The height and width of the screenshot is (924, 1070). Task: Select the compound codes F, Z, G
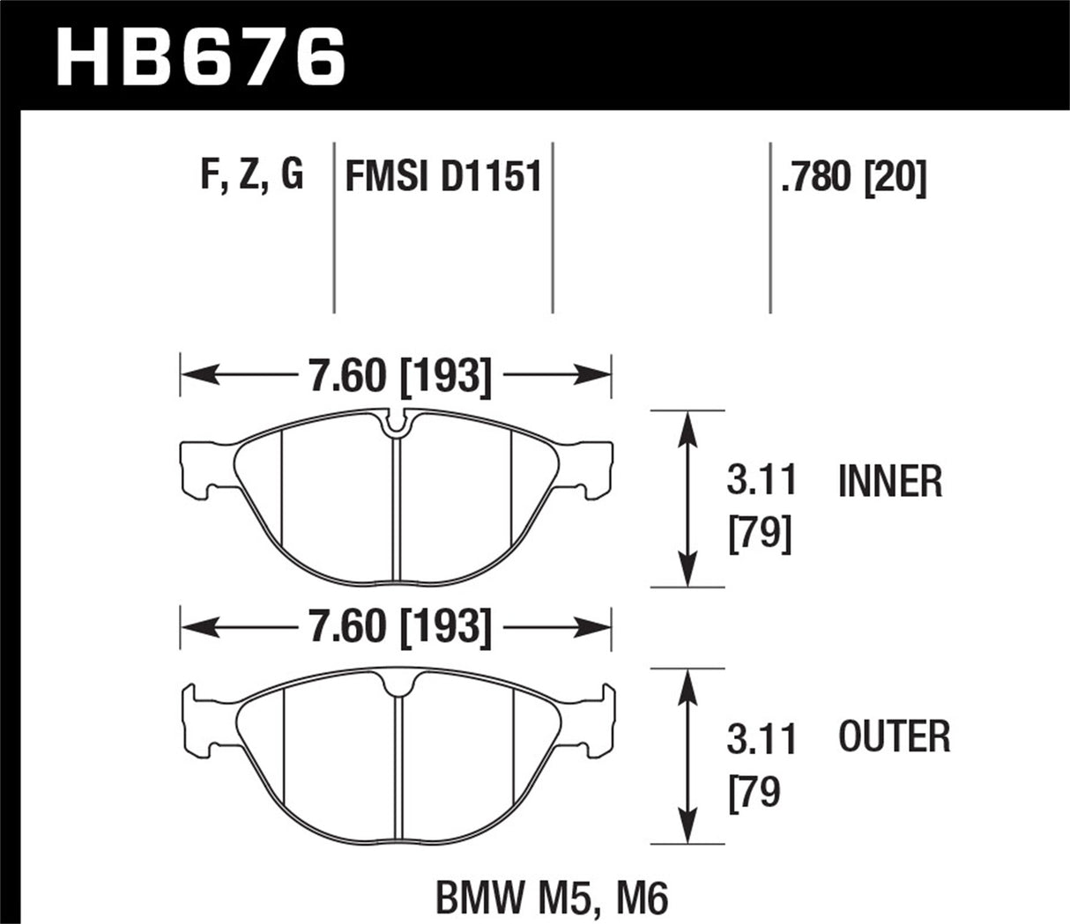(252, 176)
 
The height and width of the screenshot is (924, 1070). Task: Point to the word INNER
(890, 482)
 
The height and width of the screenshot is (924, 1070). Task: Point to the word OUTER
(894, 736)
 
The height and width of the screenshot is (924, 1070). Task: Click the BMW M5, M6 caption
(553, 898)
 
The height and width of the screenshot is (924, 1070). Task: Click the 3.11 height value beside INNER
(762, 482)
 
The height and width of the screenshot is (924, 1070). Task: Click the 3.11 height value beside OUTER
(762, 739)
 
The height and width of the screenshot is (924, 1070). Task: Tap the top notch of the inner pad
(398, 425)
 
